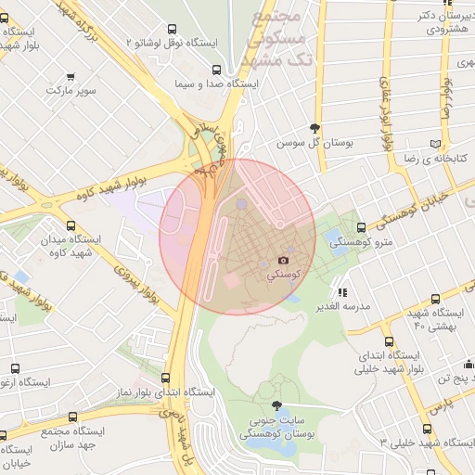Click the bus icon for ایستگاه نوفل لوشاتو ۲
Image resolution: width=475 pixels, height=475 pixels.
[173, 30]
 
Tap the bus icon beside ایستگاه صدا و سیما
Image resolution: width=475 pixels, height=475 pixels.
[216, 70]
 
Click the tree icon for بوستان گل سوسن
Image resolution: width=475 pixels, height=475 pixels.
[316, 129]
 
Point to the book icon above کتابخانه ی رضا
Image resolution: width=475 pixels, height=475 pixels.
[435, 144]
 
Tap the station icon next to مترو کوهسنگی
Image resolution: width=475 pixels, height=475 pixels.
[361, 227]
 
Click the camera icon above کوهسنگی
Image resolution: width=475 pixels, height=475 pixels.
[284, 263]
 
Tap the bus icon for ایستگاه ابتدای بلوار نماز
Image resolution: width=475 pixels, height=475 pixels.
[166, 378]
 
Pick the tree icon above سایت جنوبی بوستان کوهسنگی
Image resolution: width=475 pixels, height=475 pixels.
[276, 405]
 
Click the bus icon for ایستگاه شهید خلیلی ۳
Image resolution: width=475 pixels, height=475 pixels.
[427, 429]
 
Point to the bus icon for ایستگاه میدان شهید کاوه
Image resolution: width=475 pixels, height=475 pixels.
[71, 225]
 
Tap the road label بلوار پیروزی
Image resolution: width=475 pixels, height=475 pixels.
[131, 278]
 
